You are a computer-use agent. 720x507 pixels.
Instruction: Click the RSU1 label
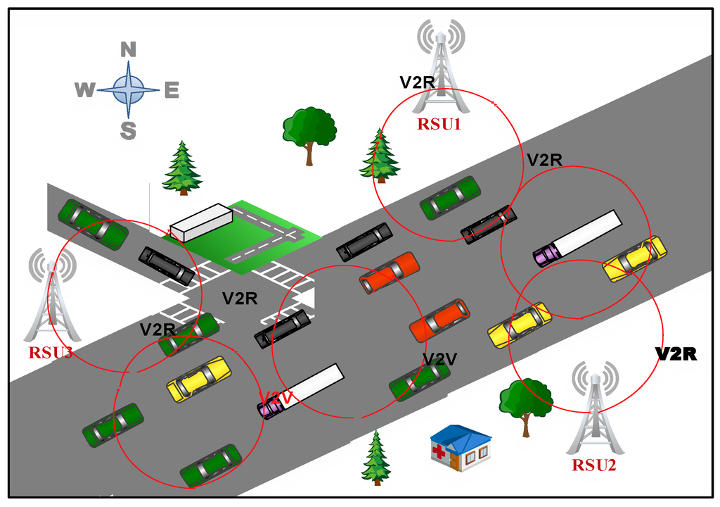click(x=439, y=125)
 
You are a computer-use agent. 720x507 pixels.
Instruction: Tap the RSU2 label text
click(x=594, y=465)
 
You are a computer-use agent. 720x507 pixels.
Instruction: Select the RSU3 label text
click(x=51, y=352)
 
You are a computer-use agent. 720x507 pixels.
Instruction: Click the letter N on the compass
click(x=128, y=49)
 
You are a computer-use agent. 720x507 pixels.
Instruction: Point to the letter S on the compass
click(x=128, y=130)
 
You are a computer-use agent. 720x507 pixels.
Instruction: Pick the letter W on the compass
click(x=84, y=90)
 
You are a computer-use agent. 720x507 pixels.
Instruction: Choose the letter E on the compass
click(x=172, y=90)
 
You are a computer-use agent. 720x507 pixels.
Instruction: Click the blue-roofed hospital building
click(x=461, y=448)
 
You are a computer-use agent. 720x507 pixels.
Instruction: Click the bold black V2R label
click(x=676, y=354)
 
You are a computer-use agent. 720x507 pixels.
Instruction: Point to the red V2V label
click(x=275, y=399)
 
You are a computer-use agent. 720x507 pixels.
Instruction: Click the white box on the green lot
click(x=201, y=222)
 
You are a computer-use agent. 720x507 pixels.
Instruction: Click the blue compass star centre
click(x=128, y=89)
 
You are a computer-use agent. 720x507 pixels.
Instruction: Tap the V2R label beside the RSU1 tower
click(x=418, y=82)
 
